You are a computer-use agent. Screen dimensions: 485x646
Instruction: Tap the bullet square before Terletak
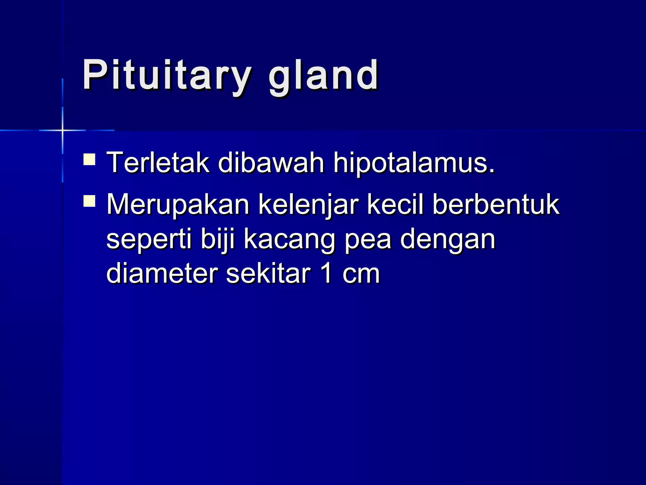point(89,159)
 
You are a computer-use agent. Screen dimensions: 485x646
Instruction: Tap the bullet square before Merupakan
point(89,201)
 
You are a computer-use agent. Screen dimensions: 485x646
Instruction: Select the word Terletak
point(158,163)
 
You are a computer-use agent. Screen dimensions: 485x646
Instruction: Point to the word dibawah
point(271,163)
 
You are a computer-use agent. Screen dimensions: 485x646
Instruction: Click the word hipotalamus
point(414,164)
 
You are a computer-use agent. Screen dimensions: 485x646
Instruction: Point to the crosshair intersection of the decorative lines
point(62,130)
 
